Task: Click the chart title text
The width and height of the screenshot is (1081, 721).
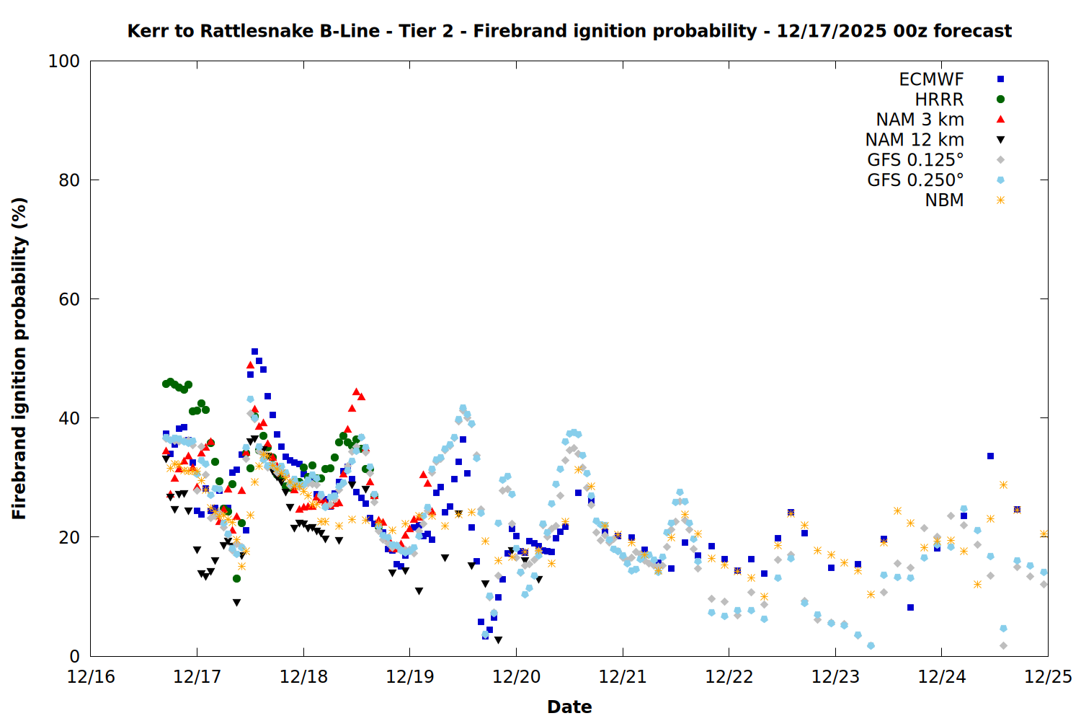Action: click(569, 31)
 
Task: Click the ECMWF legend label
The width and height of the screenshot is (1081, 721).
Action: click(931, 79)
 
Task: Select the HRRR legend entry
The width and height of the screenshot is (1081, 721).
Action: click(939, 99)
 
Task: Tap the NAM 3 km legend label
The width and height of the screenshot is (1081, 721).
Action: click(920, 120)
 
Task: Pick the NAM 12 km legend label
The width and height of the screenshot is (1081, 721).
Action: click(915, 140)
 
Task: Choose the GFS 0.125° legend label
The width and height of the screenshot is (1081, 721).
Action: click(915, 160)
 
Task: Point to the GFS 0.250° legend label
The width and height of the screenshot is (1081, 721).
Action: click(915, 180)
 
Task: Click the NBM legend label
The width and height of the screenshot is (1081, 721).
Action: click(944, 200)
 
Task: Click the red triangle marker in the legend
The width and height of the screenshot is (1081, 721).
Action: click(1000, 120)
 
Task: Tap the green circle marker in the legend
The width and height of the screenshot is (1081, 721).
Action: click(1000, 99)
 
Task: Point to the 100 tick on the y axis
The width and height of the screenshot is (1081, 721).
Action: click(64, 61)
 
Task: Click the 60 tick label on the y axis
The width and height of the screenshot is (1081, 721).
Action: click(69, 299)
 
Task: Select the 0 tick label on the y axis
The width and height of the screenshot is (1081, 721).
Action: click(74, 656)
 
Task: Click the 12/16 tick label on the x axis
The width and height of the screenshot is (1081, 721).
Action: click(91, 677)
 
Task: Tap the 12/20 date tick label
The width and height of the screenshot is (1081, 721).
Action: click(516, 677)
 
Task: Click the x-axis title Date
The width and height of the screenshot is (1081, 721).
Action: click(569, 707)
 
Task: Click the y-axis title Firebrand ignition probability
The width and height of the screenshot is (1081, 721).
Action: click(19, 358)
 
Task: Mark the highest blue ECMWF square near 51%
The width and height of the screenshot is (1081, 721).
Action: click(254, 352)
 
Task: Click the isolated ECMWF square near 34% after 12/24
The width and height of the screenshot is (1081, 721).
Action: click(990, 456)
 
